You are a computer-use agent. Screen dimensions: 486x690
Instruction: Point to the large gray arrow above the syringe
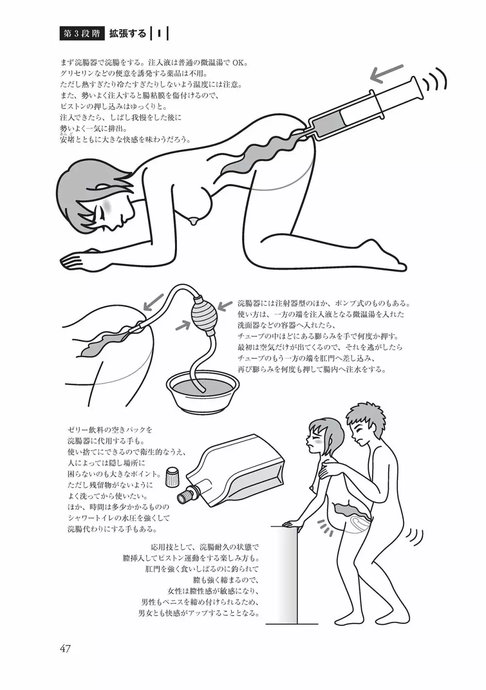386,73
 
